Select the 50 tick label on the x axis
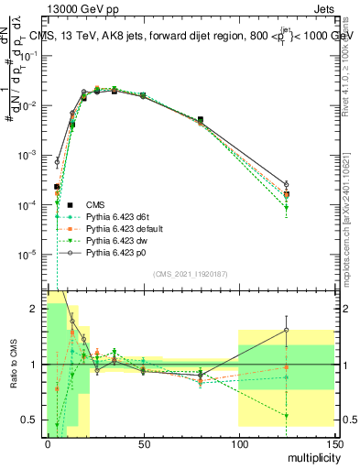[143, 443]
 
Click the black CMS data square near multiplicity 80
[201, 119]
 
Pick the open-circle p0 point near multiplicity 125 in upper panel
[286, 184]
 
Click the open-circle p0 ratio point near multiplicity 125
[286, 331]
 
